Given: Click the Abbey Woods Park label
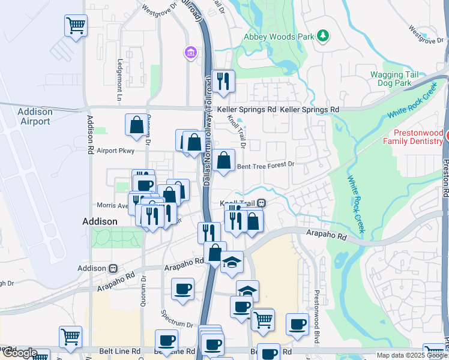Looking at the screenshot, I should click(279, 37).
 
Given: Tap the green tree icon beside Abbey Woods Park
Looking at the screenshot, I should click(324, 36).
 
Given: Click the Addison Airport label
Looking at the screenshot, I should click(35, 116).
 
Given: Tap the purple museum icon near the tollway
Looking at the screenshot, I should click(191, 53).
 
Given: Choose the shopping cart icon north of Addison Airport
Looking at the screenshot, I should click(76, 26).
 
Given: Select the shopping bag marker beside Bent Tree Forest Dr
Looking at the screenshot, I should click(223, 161).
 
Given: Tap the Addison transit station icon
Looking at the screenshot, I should click(112, 268).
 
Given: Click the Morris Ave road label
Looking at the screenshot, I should click(113, 206).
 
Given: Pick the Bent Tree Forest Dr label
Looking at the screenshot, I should click(267, 164).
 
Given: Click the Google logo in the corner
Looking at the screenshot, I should click(19, 353).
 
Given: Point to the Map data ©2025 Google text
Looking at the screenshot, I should click(412, 355).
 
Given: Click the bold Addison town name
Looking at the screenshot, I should click(100, 221).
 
